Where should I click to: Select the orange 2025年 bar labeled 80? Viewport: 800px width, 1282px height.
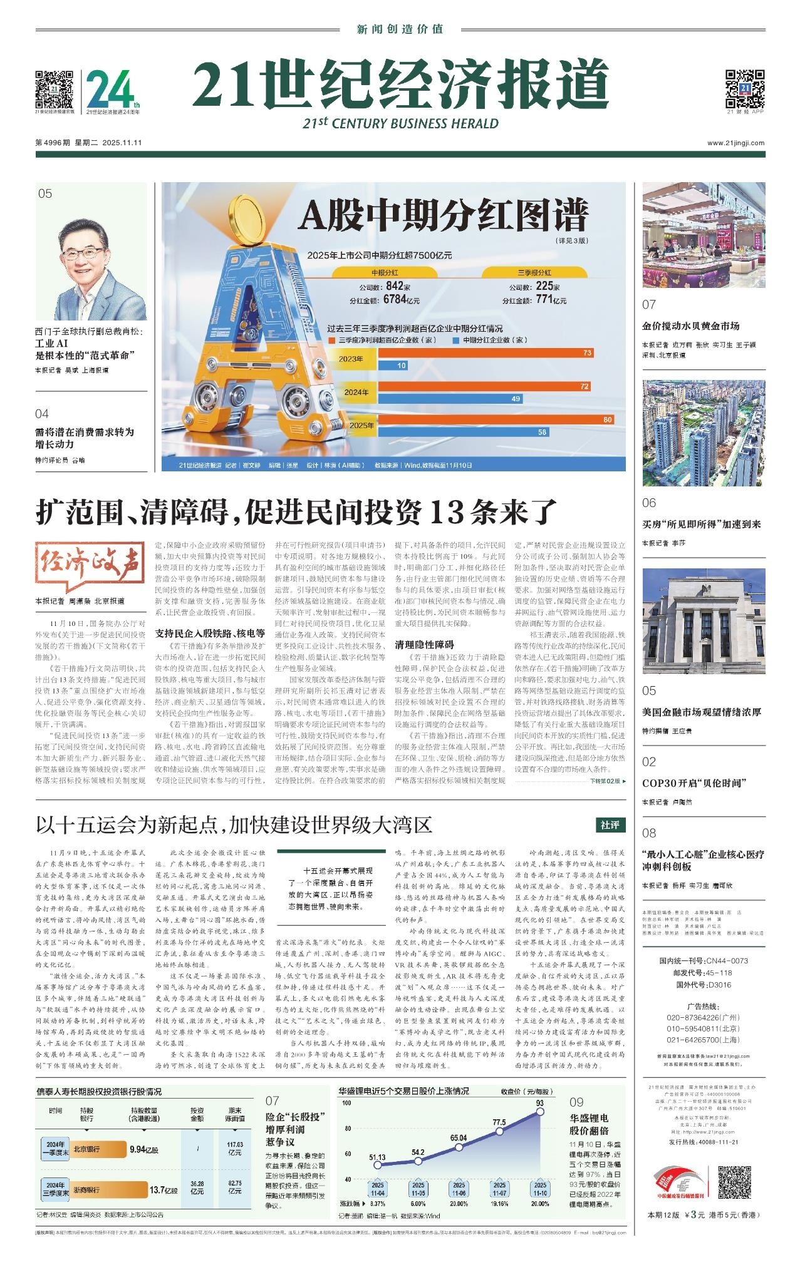(496, 419)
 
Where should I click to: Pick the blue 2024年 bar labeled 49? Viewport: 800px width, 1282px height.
(450, 399)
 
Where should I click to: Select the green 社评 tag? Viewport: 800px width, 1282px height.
(610, 825)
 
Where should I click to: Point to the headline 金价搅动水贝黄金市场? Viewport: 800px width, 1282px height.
(691, 326)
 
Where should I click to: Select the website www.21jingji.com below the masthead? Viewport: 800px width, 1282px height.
(735, 143)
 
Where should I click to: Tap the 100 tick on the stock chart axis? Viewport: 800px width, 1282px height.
(346, 1102)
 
